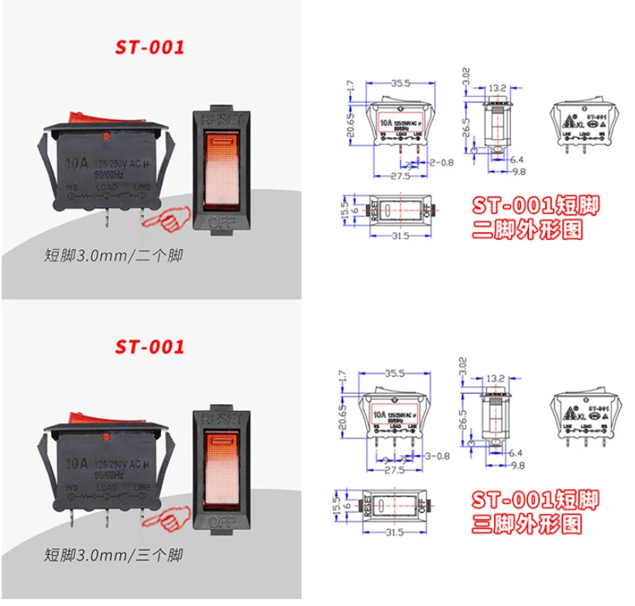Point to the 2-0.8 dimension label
click(x=441, y=163)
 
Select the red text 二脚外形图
click(x=527, y=230)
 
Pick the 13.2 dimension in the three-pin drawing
click(x=496, y=379)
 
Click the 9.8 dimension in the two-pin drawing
click(x=518, y=172)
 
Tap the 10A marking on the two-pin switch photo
click(x=76, y=163)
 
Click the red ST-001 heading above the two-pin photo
click(x=151, y=46)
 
